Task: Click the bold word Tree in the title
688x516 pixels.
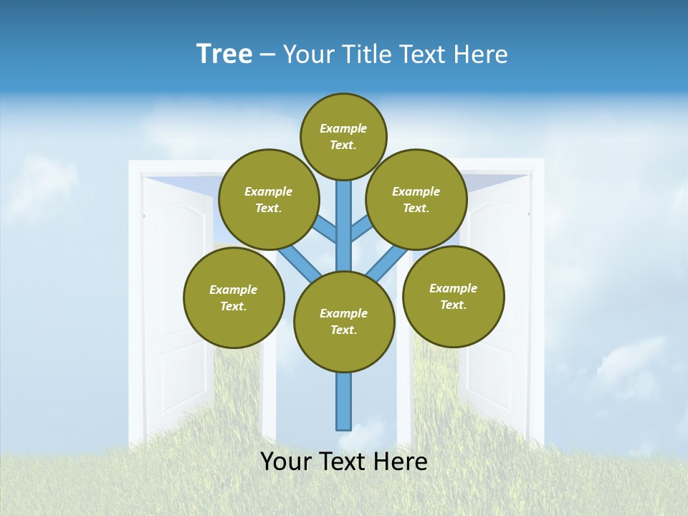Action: point(224,54)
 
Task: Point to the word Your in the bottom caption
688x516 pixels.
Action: point(287,462)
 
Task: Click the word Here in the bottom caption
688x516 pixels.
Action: point(400,462)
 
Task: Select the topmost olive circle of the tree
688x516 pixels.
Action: point(343,136)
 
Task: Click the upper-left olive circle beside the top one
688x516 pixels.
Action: point(269,199)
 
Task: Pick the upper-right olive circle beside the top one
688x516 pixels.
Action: point(416,199)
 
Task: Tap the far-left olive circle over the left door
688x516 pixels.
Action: point(234,297)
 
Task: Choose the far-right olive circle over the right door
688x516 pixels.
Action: point(453,296)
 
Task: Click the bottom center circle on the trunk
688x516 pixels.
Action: point(344,322)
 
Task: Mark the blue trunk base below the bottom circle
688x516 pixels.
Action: point(344,401)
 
